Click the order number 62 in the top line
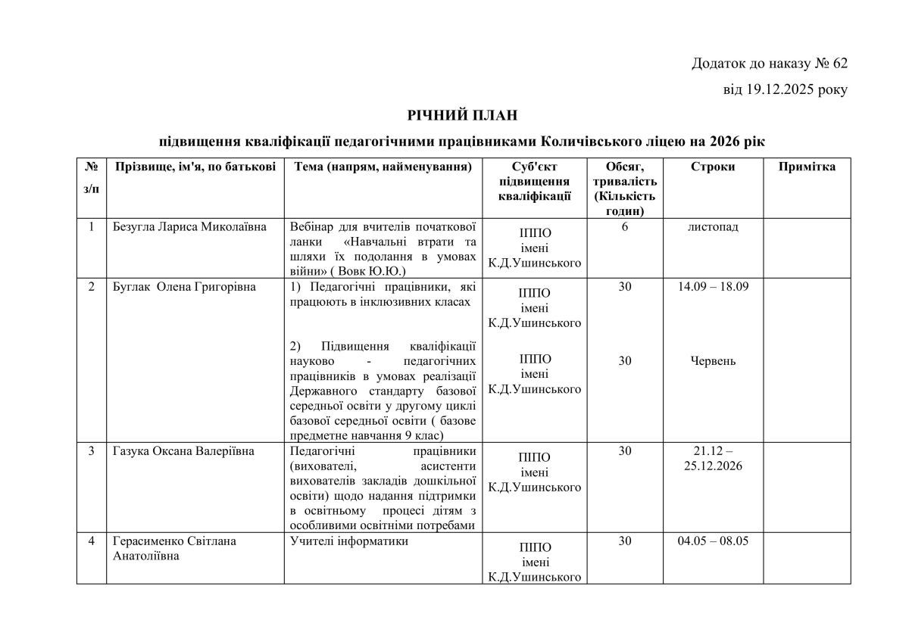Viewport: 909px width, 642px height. (838, 63)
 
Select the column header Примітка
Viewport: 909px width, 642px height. (807, 167)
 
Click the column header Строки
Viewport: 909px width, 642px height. (712, 167)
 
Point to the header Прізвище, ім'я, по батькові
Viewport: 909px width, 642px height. (195, 167)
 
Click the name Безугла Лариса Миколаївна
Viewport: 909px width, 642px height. (189, 227)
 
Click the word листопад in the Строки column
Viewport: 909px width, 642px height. (713, 227)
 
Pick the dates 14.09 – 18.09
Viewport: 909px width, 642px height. (713, 287)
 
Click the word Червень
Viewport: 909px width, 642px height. (713, 360)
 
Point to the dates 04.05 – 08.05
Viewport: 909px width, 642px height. (713, 541)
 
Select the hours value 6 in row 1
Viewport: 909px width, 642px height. (625, 227)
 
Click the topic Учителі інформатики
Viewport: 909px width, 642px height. (349, 541)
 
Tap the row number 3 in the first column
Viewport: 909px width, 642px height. (91, 451)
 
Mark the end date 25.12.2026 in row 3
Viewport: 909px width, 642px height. (713, 466)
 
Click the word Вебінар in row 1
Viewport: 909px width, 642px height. (314, 227)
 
